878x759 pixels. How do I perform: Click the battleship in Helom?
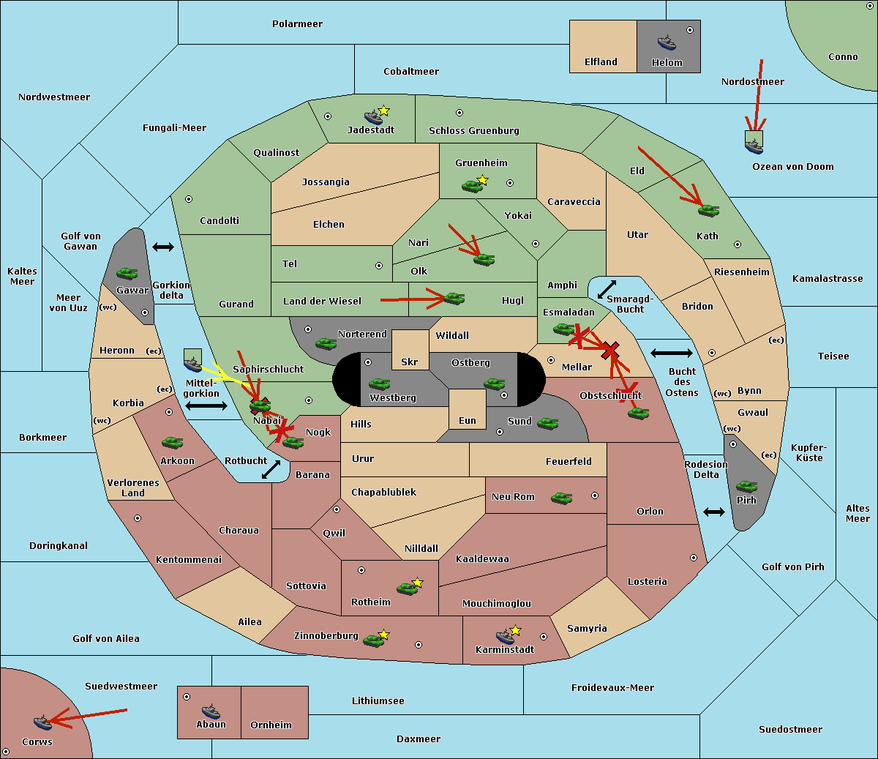point(667,42)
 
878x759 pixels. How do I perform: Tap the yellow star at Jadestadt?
point(384,111)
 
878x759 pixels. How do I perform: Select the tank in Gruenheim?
point(473,186)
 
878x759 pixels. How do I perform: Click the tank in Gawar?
point(127,273)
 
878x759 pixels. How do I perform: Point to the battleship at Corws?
point(42,722)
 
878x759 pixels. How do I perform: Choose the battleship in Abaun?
point(211,711)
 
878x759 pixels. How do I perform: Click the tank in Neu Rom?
point(561,498)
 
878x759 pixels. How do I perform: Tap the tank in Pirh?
point(747,486)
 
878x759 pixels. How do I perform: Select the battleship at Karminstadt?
point(505,636)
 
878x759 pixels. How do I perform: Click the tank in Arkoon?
point(173,442)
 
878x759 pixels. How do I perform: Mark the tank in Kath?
point(708,210)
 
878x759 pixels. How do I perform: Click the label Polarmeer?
point(297,24)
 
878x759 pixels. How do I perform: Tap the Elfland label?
point(601,62)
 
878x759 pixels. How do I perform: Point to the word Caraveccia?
point(574,201)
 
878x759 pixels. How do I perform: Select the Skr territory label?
point(410,362)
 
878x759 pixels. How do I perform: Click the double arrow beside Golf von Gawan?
point(163,247)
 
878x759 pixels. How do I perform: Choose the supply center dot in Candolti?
point(189,199)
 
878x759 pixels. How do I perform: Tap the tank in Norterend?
point(326,343)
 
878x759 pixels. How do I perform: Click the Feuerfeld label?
point(569,461)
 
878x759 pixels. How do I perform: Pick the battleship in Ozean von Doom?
point(754,146)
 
